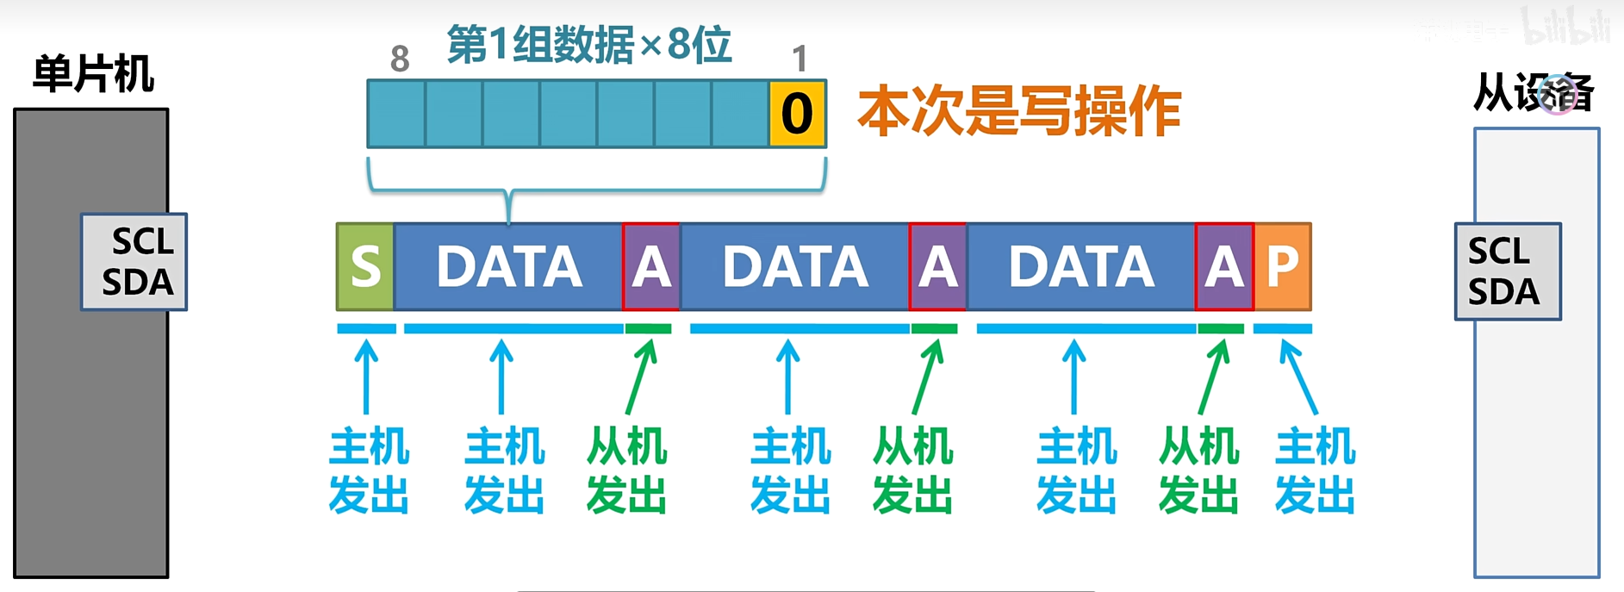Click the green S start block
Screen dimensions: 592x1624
[365, 266]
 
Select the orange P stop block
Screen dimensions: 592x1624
[1282, 266]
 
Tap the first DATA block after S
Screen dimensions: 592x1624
[508, 266]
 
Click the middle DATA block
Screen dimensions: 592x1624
[794, 266]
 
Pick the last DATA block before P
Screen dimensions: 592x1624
[1080, 266]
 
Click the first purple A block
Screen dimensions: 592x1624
[651, 266]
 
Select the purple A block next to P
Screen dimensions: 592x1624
[1223, 266]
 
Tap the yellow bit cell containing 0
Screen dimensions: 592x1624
[797, 114]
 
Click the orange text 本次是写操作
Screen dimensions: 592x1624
[1019, 112]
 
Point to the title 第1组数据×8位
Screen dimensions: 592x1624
[589, 45]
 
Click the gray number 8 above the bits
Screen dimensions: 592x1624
[400, 59]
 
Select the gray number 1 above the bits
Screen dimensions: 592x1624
[800, 59]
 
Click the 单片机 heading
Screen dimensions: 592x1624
[93, 73]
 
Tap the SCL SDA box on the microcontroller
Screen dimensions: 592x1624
[134, 262]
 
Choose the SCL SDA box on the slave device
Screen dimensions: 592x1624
[1508, 271]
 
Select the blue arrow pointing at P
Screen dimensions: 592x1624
[1298, 377]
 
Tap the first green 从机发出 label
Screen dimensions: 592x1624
[626, 470]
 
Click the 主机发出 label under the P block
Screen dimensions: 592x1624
[1315, 470]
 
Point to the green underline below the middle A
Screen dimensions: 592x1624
[934, 328]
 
